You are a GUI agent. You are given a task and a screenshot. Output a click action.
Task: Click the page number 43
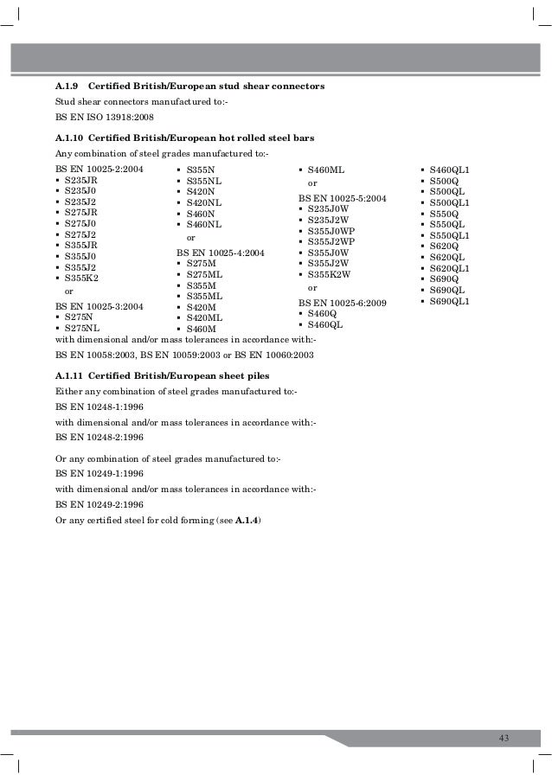coord(504,736)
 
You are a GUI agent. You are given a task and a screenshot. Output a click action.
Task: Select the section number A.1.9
coord(67,87)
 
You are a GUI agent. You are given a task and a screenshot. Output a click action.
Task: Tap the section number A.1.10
coord(69,138)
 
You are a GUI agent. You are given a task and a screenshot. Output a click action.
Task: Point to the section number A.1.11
coord(69,376)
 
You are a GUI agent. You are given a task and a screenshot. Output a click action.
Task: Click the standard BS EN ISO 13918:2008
coord(99,115)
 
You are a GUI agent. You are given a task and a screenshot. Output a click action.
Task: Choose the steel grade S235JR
coord(80,180)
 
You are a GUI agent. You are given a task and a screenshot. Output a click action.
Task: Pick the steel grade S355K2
coord(80,278)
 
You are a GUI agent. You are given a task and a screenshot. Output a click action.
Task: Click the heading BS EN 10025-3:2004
coord(99,306)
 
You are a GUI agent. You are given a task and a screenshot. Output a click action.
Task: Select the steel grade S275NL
coord(81,329)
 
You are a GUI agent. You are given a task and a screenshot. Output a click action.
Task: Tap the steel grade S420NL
coord(203,202)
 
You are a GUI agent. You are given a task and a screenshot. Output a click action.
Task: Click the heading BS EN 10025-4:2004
coord(221,253)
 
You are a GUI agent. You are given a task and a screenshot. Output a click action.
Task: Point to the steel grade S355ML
coord(204,296)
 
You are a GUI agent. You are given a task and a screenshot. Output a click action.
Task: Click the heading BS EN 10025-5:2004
coord(342,198)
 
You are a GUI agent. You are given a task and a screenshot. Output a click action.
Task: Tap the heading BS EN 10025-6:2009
coord(342,303)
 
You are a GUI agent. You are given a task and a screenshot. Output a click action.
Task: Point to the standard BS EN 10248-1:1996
coord(99,407)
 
